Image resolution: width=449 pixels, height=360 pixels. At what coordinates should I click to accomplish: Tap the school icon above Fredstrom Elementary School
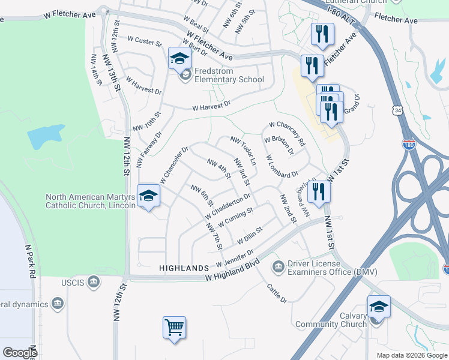179,59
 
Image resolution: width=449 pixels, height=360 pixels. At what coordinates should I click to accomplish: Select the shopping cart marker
174,328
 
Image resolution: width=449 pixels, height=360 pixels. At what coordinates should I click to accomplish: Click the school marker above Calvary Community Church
379,307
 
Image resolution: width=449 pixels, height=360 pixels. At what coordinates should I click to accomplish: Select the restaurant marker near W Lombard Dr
319,192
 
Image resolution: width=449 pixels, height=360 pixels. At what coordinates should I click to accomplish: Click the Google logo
20,353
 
